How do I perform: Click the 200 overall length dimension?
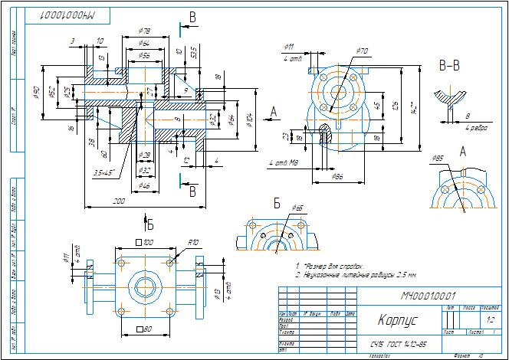(119, 200)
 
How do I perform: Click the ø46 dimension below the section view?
(144, 185)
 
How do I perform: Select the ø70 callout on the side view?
(363, 51)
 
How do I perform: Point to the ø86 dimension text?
(337, 176)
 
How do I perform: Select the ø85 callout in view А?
(438, 159)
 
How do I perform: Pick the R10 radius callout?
(193, 242)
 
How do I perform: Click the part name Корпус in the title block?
(392, 319)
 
